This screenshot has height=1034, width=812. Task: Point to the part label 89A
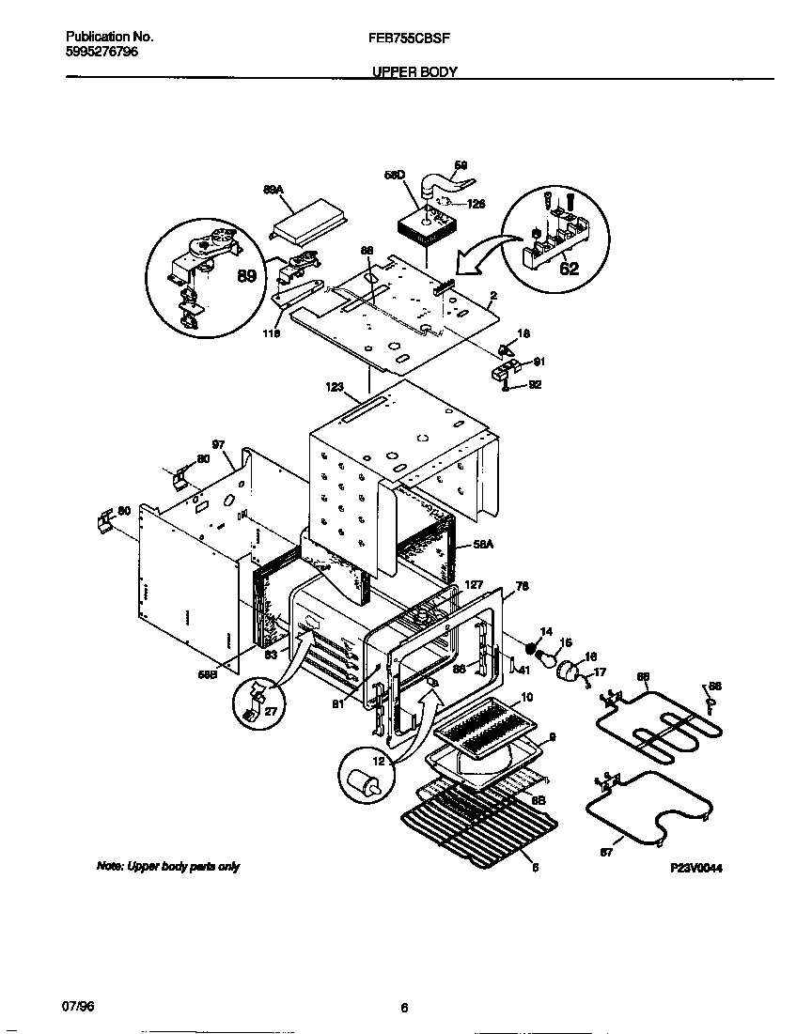272,189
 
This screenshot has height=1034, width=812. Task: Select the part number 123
336,385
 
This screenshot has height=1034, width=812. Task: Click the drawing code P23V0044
696,869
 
